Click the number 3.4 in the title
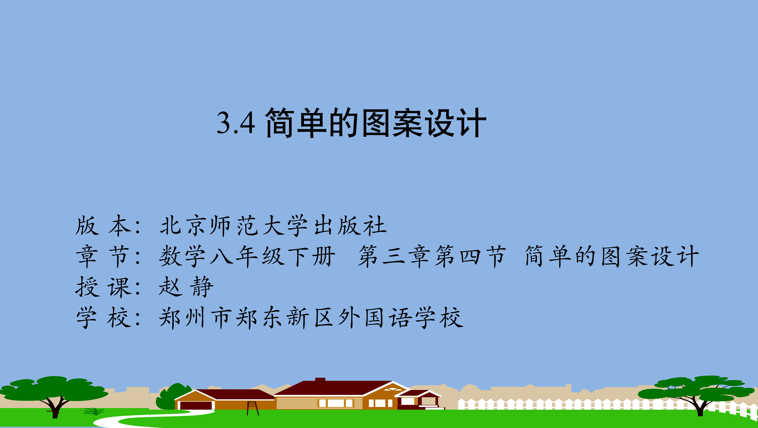[x=236, y=123]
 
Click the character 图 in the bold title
[x=376, y=122]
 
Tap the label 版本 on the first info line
[x=103, y=225]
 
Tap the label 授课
[x=103, y=287]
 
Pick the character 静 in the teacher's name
[x=202, y=287]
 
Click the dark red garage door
[x=196, y=405]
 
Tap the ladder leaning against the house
[x=253, y=408]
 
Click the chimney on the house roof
[x=320, y=380]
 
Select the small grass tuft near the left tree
[x=93, y=411]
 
